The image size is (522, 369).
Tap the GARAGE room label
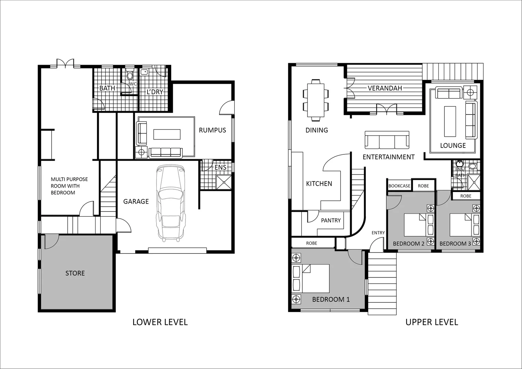(x=136, y=202)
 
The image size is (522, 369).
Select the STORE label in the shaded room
(x=75, y=273)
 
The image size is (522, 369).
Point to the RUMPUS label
(x=212, y=130)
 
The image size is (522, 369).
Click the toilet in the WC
(x=130, y=75)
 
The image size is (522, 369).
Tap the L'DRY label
(x=155, y=92)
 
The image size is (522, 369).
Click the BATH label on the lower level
(x=107, y=88)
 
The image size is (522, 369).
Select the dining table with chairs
(x=316, y=100)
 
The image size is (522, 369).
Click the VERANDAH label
(x=385, y=88)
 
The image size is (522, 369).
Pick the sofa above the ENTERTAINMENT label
(x=387, y=140)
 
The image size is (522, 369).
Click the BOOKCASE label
(x=399, y=186)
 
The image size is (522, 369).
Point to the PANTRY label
(x=331, y=220)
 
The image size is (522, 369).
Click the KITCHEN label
(x=319, y=183)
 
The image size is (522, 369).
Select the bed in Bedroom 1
(x=311, y=278)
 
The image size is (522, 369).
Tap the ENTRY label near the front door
(x=378, y=233)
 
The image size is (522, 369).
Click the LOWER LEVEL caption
(x=160, y=322)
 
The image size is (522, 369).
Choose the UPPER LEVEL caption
(x=431, y=322)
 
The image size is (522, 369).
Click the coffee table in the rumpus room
(x=167, y=134)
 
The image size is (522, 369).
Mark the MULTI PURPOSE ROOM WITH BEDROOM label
(x=69, y=186)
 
